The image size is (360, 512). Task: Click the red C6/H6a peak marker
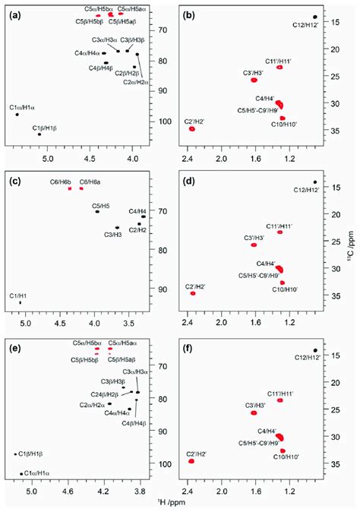click(81, 188)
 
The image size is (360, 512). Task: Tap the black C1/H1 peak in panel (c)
click(21, 302)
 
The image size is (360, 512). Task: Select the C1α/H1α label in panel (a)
click(25, 108)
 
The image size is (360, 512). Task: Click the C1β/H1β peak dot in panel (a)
click(39, 134)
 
